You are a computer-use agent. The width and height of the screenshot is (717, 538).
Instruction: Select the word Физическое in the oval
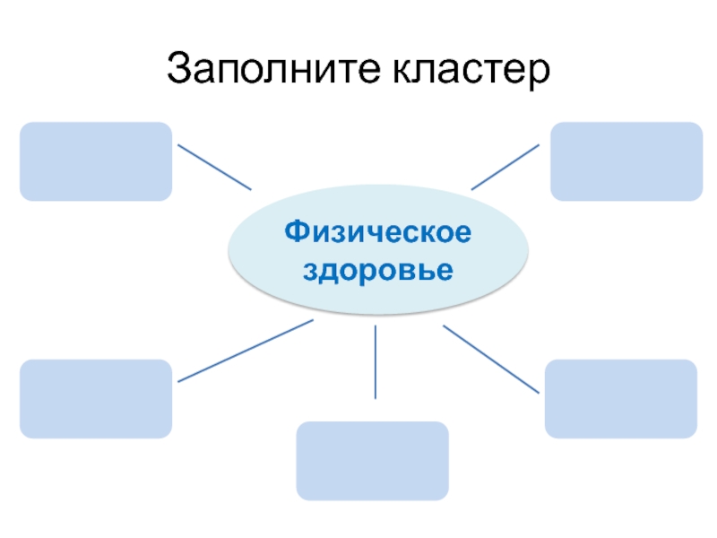pyautogui.click(x=377, y=233)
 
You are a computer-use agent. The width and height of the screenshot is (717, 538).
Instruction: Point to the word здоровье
pyautogui.click(x=377, y=268)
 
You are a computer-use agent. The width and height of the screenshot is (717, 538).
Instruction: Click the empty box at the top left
pyautogui.click(x=96, y=161)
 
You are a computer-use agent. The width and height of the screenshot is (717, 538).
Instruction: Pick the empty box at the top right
pyautogui.click(x=626, y=161)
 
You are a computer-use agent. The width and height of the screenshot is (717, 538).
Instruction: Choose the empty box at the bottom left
pyautogui.click(x=96, y=399)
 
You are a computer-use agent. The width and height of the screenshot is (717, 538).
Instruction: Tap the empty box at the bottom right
pyautogui.click(x=621, y=399)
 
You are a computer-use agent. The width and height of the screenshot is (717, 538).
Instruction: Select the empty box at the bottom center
pyautogui.click(x=372, y=461)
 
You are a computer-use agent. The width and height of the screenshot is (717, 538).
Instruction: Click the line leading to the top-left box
pyautogui.click(x=214, y=166)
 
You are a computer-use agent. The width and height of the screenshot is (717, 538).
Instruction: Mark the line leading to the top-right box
pyautogui.click(x=505, y=166)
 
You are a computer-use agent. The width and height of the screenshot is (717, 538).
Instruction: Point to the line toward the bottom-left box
pyautogui.click(x=246, y=351)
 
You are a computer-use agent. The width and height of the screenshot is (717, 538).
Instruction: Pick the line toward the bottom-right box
pyautogui.click(x=491, y=359)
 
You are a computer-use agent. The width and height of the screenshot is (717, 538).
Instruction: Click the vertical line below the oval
pyautogui.click(x=375, y=362)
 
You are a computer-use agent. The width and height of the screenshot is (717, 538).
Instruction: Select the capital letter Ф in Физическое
pyautogui.click(x=296, y=233)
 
